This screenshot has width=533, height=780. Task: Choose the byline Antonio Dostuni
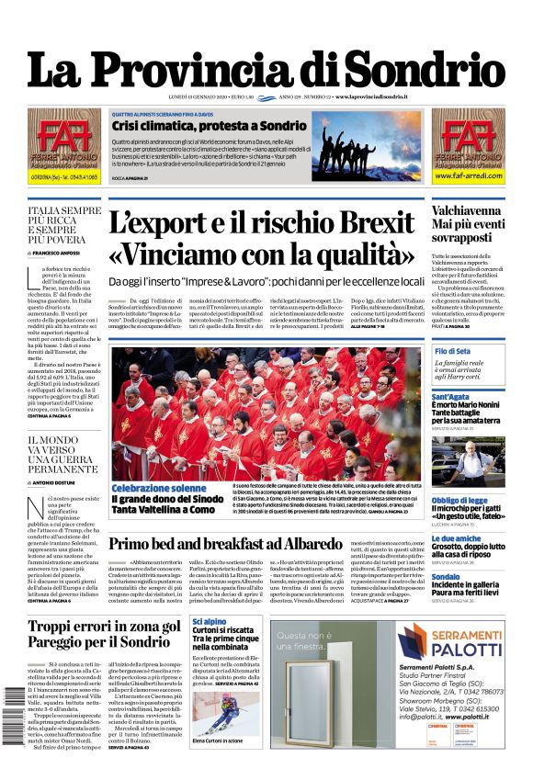[60, 482]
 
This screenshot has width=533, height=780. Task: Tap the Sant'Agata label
[451, 397]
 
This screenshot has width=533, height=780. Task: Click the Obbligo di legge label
[459, 500]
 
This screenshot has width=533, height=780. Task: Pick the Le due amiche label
[456, 538]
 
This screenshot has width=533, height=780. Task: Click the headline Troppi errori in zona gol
[104, 627]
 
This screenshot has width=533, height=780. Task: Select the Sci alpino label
[209, 622]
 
